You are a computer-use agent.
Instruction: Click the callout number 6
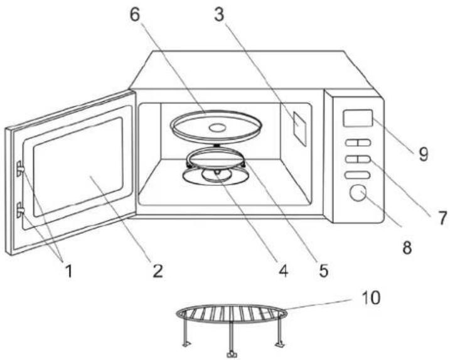tap(135, 14)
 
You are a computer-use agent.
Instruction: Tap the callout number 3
tap(219, 14)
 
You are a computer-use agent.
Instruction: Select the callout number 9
tap(423, 154)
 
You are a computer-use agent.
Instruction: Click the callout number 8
tap(407, 247)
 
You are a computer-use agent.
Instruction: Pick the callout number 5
tap(323, 271)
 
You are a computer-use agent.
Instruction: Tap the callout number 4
tap(283, 271)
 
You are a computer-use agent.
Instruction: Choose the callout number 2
tap(158, 271)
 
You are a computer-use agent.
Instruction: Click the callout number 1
tap(69, 271)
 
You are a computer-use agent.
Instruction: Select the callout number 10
tap(370, 298)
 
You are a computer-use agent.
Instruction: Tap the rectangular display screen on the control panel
tap(358, 117)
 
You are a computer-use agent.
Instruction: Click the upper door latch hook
tap(20, 168)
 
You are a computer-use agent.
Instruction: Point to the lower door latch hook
tap(20, 210)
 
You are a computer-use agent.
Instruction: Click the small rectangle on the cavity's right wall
tap(300, 128)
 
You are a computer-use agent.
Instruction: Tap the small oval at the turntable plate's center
tap(218, 128)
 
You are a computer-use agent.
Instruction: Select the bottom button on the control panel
tap(358, 175)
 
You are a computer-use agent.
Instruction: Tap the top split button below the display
tap(358, 143)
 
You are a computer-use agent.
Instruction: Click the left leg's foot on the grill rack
tap(186, 344)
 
